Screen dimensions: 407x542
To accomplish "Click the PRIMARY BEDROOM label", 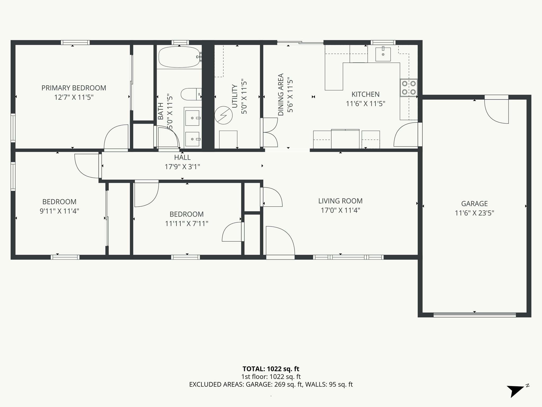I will (74, 88).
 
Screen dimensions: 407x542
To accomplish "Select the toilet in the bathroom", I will (191, 94).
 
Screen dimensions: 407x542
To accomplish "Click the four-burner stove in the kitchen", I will (409, 88).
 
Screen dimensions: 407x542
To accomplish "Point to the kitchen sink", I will (383, 54).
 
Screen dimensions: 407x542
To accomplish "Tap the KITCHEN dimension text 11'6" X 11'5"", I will (365, 104).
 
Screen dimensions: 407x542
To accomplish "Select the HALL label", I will (182, 157).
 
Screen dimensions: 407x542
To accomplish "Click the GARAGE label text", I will (474, 203).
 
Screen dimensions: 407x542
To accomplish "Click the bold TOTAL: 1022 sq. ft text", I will (271, 369).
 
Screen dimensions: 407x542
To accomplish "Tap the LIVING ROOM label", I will (340, 201).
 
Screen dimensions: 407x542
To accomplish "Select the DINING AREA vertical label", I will (281, 94).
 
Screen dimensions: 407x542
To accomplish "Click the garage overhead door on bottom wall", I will (475, 315).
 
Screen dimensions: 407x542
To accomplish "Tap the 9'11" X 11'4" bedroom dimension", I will (59, 211).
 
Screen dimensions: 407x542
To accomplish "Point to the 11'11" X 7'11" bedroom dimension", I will (187, 224).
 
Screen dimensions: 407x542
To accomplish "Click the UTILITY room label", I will (234, 96).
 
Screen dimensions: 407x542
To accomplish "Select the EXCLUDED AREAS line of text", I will (271, 384).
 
